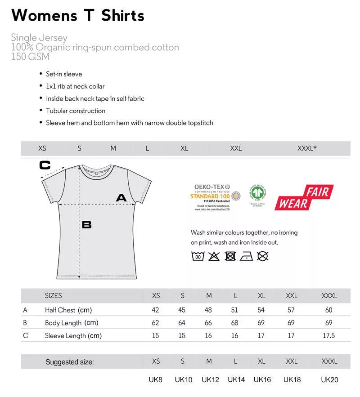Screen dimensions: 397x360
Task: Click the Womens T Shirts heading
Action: click(x=78, y=15)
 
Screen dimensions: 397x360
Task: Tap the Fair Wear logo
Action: click(x=304, y=198)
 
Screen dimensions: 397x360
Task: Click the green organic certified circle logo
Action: click(x=258, y=194)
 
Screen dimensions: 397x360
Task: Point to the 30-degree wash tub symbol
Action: click(x=198, y=256)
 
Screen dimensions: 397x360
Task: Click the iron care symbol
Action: click(x=246, y=256)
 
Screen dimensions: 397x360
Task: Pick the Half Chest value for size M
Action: click(x=209, y=310)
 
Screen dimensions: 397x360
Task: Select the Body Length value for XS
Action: click(x=156, y=322)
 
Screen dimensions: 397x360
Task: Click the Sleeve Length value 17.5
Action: click(x=329, y=335)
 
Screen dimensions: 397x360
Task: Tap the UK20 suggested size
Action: click(x=329, y=380)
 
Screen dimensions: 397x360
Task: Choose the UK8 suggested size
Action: click(x=156, y=380)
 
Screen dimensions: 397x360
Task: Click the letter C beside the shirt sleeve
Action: click(x=45, y=165)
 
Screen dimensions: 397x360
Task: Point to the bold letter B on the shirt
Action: click(x=86, y=224)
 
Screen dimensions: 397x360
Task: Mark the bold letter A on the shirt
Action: click(x=121, y=197)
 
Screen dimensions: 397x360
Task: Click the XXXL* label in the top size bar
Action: click(x=307, y=148)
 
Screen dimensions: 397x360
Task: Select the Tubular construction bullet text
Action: click(x=76, y=111)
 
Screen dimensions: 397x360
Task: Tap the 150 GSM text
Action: click(x=30, y=57)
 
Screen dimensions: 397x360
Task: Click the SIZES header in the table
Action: click(x=54, y=295)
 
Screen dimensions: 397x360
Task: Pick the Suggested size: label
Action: click(x=70, y=362)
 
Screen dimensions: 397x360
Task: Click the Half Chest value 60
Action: click(x=329, y=310)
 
